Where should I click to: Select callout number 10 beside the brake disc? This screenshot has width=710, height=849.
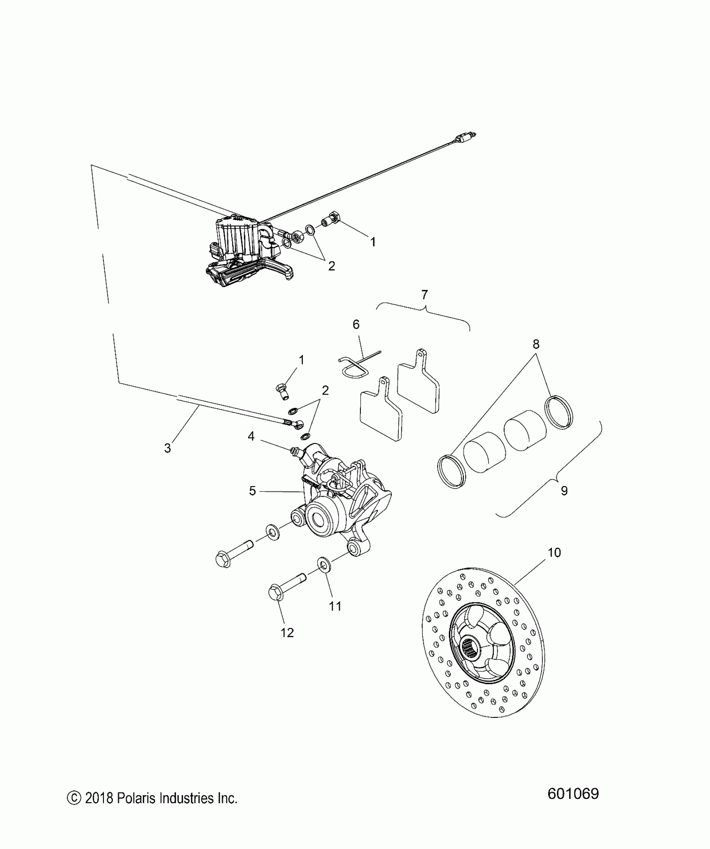click(554, 552)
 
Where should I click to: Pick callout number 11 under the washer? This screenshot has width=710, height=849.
click(335, 606)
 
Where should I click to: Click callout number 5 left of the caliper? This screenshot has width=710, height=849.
click(252, 491)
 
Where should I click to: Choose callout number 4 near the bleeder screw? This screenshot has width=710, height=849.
click(251, 436)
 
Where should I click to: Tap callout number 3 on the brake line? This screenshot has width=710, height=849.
click(167, 448)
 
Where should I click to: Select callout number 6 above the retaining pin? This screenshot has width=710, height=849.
click(356, 324)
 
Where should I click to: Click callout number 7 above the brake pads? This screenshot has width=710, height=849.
click(424, 295)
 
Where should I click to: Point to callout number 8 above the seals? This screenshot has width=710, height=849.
click(536, 344)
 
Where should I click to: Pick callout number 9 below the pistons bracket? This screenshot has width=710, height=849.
click(564, 491)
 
